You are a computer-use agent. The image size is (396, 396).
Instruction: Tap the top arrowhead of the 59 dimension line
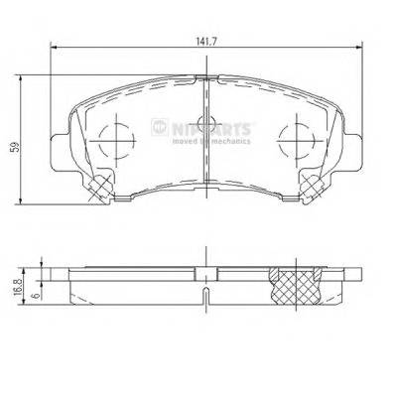(x=24, y=76)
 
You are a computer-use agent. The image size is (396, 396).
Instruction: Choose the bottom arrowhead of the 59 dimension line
(x=24, y=200)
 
